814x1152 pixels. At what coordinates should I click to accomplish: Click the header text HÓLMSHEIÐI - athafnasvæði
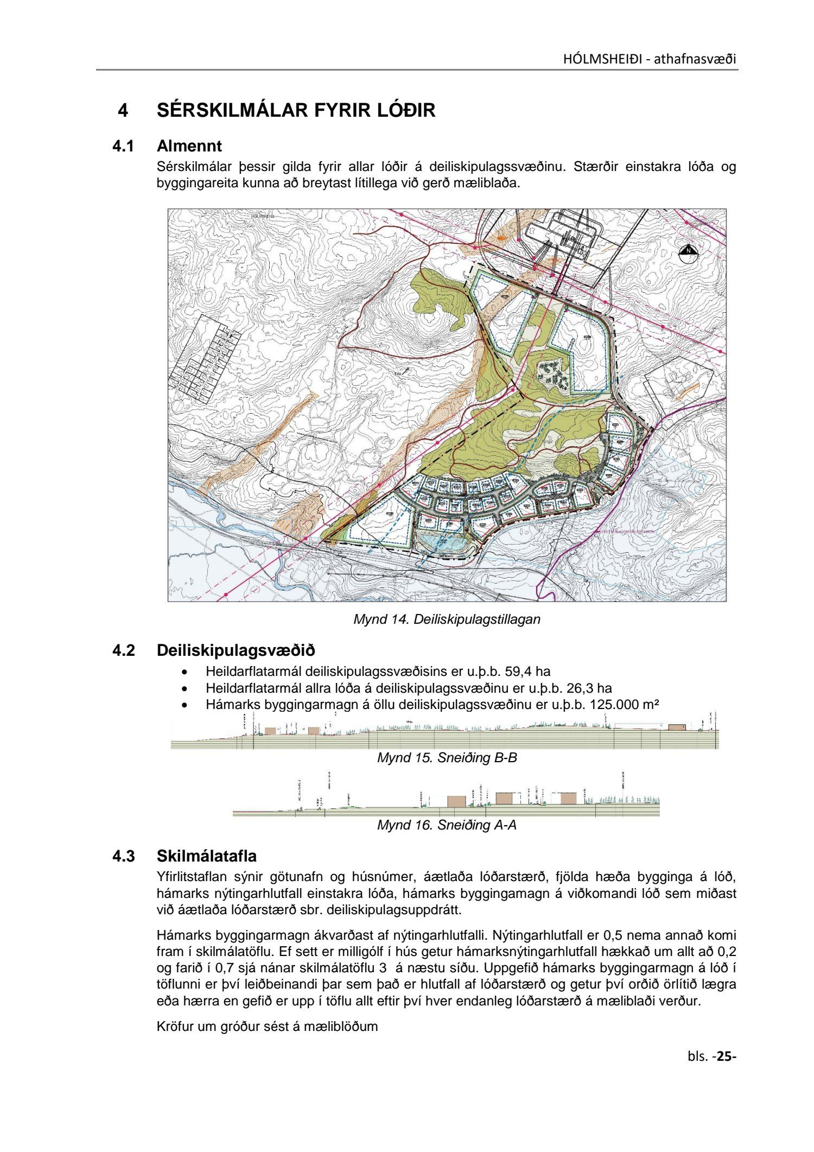[649, 59]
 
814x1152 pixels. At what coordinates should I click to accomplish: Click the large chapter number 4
[123, 110]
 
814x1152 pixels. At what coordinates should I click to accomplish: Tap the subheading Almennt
[189, 146]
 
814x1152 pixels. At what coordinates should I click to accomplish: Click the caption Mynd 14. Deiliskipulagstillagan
[447, 619]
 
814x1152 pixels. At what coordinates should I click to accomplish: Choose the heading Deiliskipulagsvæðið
[236, 650]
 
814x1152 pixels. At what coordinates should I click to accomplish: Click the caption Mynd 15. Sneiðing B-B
[447, 758]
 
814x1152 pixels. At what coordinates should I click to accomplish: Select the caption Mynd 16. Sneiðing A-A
[447, 825]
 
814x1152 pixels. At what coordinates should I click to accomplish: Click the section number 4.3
[123, 857]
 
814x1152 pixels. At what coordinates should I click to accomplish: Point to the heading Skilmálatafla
[206, 857]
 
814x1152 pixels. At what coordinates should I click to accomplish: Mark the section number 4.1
[123, 146]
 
